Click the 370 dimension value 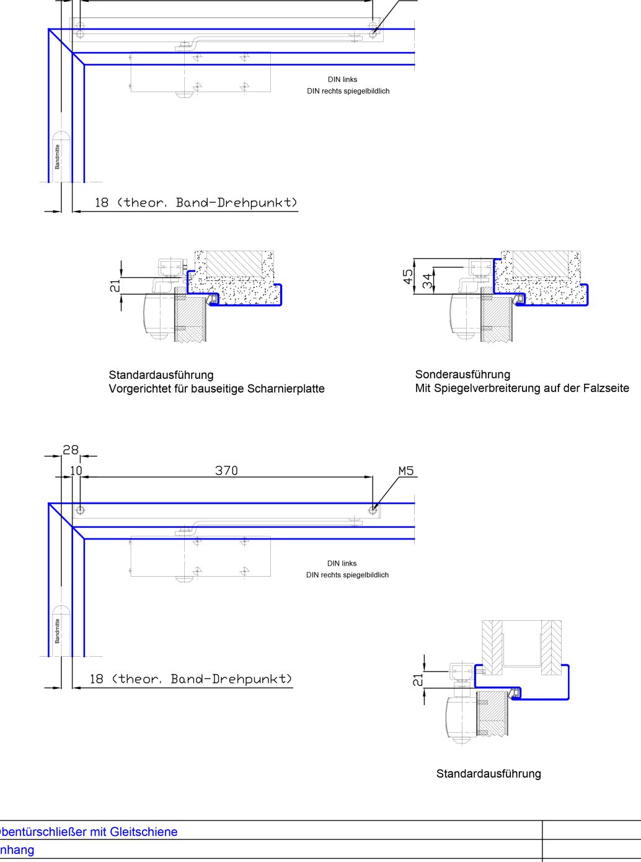tap(226, 471)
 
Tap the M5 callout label tap(406, 471)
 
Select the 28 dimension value tap(71, 450)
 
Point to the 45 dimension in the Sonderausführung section tap(409, 277)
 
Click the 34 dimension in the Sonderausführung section tap(427, 281)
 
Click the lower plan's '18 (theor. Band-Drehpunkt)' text tap(190, 679)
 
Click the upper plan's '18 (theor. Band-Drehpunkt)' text tap(196, 203)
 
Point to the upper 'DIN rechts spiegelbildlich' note tap(348, 91)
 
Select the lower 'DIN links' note tap(342, 564)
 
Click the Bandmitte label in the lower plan tap(57, 631)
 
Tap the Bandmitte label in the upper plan tap(57, 156)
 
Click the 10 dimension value tap(76, 471)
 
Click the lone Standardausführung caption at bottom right tap(488, 774)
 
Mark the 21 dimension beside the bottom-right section tap(418, 680)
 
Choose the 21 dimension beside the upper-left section tap(115, 285)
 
